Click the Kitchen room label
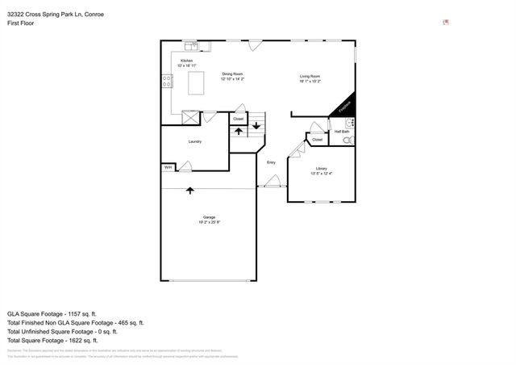186,61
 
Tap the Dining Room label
233,73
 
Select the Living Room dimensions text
310,81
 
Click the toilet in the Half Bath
347,140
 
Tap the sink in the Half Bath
350,123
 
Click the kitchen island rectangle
196,83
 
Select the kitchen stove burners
167,80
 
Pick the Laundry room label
194,141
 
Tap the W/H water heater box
169,167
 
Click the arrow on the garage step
190,191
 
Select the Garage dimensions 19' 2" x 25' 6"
209,221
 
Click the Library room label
321,168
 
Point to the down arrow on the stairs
256,125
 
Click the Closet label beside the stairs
238,119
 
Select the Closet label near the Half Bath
317,139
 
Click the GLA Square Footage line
52,313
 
